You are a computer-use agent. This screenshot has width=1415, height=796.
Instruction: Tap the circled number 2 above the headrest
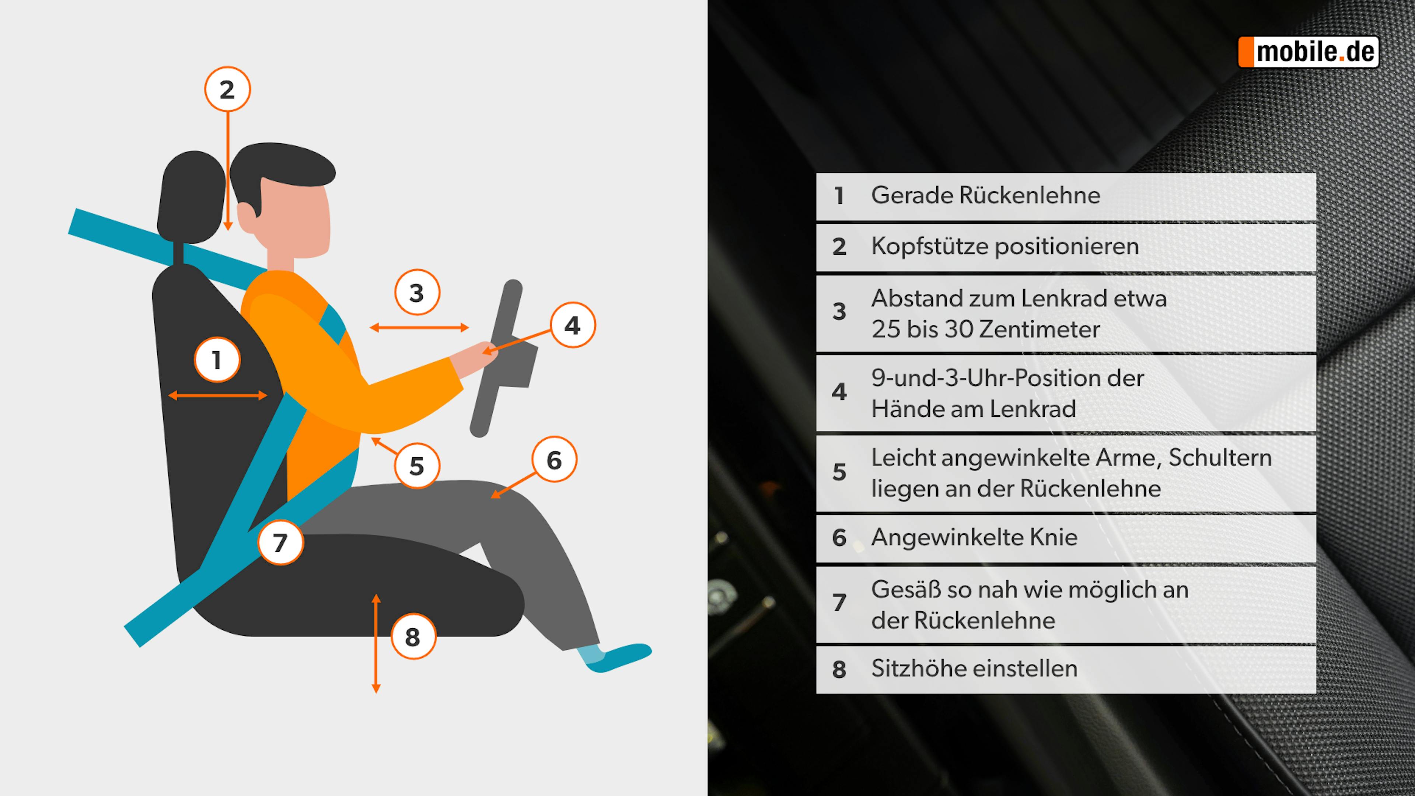[227, 90]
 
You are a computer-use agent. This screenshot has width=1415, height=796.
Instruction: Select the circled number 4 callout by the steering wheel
[572, 325]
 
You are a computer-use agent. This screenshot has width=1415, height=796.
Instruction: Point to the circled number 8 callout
[413, 637]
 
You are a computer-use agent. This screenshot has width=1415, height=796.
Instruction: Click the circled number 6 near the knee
[554, 460]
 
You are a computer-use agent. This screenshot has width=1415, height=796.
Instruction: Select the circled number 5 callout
[417, 466]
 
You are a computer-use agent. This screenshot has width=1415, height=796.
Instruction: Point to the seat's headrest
[191, 198]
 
